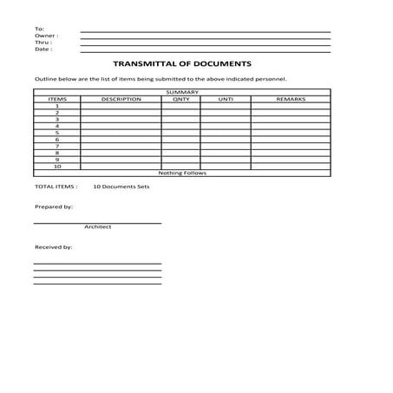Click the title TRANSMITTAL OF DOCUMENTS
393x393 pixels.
coord(182,63)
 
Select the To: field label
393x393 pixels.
coord(39,29)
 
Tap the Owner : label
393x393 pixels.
coord(46,36)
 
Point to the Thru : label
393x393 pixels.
coord(43,43)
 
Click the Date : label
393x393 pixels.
coord(43,49)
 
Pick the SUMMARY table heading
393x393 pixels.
coord(182,92)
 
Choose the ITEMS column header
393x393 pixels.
coord(56,99)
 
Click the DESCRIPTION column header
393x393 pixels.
coord(121,99)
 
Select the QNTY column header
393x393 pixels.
coord(180,99)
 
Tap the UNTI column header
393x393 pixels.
coord(226,99)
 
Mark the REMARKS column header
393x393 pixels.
coord(291,99)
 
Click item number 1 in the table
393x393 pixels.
coord(56,106)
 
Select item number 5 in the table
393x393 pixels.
coord(56,133)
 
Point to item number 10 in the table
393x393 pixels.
coord(56,166)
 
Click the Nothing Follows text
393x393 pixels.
coord(182,173)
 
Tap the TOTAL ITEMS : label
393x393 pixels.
coord(56,187)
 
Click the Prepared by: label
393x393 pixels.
coord(53,207)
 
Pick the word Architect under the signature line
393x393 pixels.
coord(98,227)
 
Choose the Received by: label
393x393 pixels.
coord(53,247)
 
